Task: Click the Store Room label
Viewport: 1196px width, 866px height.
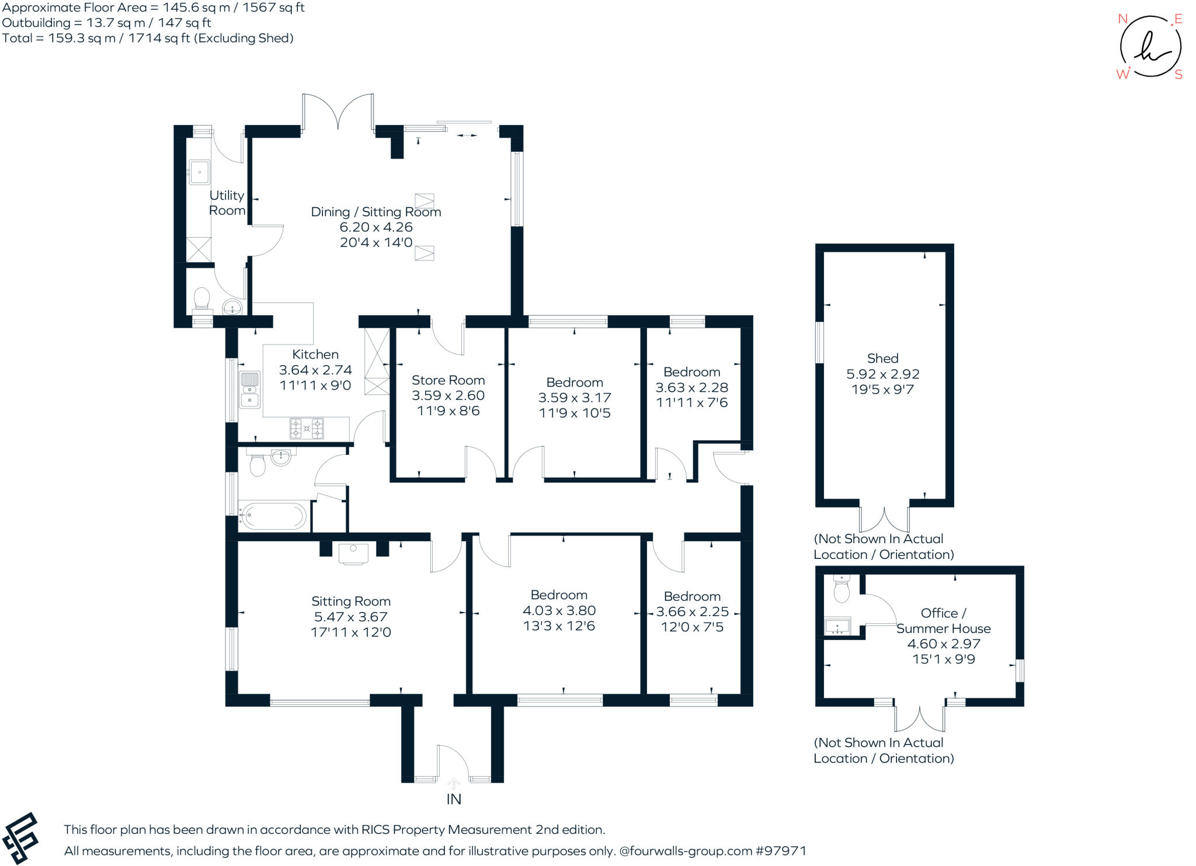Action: [x=448, y=380]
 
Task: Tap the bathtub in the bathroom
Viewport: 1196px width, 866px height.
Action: [x=273, y=516]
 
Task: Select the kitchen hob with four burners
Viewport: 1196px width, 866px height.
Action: [x=307, y=428]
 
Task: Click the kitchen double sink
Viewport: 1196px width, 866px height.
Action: [x=250, y=389]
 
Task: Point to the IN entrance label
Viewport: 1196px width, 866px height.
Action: [x=454, y=799]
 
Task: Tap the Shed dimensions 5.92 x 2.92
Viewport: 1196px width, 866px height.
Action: [x=883, y=374]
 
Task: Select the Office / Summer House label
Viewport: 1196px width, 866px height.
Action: [x=943, y=621]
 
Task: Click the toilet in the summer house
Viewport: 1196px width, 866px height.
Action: [x=842, y=589]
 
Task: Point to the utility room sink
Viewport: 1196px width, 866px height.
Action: [x=199, y=172]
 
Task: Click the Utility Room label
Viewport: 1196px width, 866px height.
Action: [x=227, y=203]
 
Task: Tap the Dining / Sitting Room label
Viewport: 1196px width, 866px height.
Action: [x=376, y=212]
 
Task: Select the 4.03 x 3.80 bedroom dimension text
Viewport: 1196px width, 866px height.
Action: [x=559, y=610]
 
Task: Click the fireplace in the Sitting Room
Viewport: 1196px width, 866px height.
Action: [x=353, y=554]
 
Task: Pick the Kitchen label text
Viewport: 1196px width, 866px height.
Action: [x=315, y=354]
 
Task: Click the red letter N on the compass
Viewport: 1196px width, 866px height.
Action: [x=1122, y=19]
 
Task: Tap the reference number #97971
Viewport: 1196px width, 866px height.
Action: [x=781, y=851]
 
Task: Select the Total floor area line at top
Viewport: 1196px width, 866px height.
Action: [x=148, y=38]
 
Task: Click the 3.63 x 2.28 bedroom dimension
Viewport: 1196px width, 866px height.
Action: [x=691, y=387]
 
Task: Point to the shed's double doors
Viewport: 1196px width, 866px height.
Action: [x=884, y=519]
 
